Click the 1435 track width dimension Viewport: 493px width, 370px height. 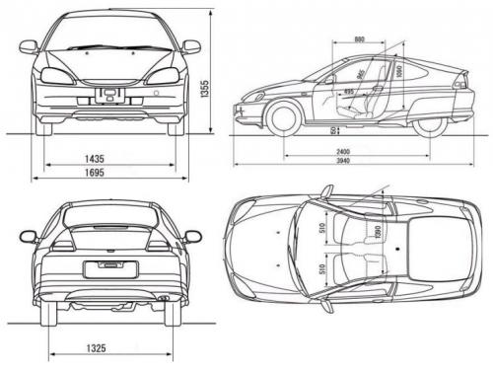point(95,159)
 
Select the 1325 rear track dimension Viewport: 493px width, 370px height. point(95,347)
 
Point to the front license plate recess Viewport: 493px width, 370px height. point(109,95)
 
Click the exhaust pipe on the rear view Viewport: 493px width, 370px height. point(163,296)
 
